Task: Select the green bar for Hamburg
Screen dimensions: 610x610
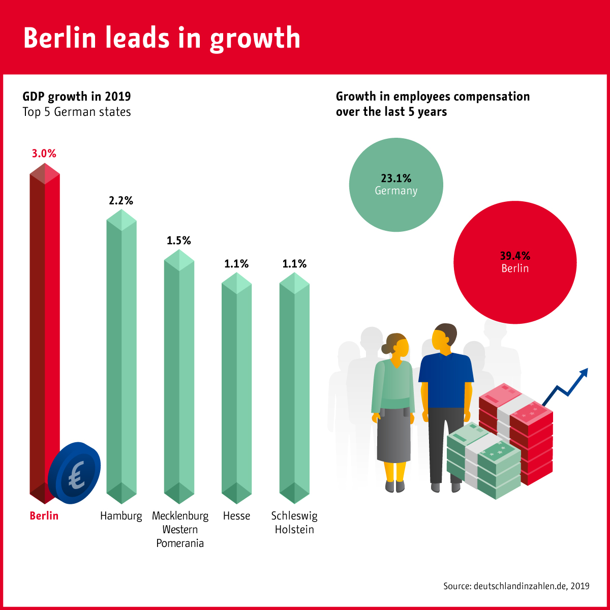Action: pos(121,356)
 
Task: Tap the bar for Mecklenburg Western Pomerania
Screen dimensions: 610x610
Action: pos(179,376)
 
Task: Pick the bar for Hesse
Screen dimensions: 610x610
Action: pos(236,386)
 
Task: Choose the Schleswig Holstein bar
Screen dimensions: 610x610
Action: pos(294,386)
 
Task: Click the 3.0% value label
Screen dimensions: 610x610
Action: pos(44,154)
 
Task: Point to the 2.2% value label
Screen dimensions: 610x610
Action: pos(121,201)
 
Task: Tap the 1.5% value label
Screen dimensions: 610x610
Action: pos(179,240)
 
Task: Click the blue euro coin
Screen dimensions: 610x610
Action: pos(74,473)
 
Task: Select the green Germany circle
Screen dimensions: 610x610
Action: pos(396,185)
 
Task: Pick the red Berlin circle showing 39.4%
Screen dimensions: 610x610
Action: pos(515,263)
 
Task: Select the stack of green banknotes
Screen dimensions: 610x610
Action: pos(483,460)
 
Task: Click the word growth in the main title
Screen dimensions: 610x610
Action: pos(255,39)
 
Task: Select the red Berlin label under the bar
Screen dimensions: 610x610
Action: pos(44,515)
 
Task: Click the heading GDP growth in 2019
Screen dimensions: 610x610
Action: pos(77,97)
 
